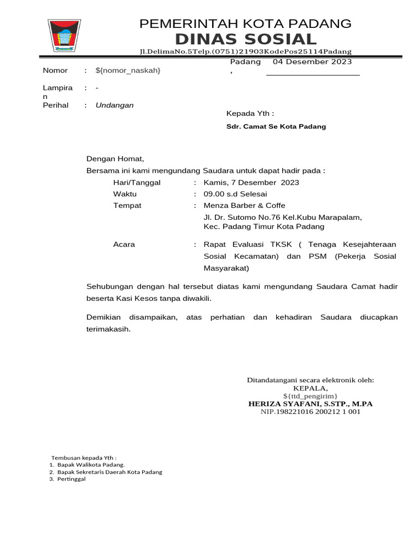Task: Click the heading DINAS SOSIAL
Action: pos(246,39)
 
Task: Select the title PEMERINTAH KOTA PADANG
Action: pos(246,24)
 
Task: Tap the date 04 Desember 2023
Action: pos(312,62)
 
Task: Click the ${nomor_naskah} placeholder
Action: pos(128,71)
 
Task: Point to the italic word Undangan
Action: pos(114,105)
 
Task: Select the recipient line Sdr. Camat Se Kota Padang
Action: pos(276,126)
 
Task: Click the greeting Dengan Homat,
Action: pos(115,159)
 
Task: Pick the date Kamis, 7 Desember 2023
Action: pos(251,183)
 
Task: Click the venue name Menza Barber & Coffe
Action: pos(244,206)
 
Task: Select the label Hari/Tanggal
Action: pos(137,183)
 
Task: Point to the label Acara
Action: pos(124,244)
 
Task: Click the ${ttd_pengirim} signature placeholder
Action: pos(310,396)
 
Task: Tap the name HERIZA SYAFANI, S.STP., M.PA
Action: pos(310,404)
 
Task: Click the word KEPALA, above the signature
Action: pos(310,388)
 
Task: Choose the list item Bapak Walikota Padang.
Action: pos(87,464)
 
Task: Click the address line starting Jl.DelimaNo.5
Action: pos(246,51)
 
